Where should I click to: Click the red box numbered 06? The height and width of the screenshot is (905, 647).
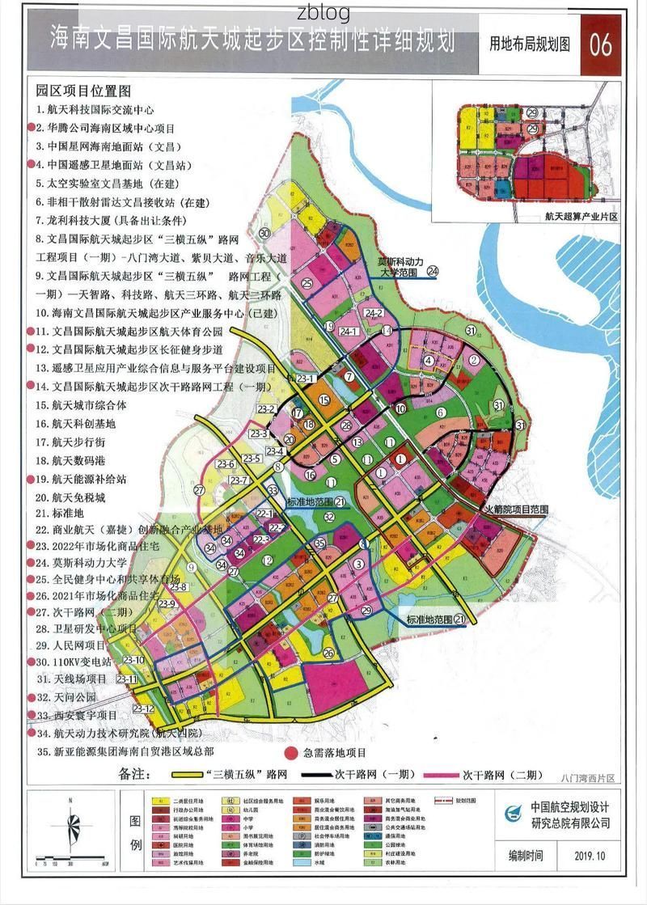[x=600, y=44]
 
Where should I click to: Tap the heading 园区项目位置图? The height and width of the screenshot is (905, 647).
[x=83, y=91]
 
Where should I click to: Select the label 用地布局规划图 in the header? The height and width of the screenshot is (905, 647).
[x=529, y=44]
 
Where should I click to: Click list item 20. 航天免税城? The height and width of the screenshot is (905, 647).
[x=70, y=497]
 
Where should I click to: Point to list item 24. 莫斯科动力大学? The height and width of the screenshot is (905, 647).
[x=81, y=562]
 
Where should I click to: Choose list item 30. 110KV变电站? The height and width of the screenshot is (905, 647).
[x=80, y=662]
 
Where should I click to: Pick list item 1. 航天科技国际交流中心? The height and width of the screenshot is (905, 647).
[x=94, y=109]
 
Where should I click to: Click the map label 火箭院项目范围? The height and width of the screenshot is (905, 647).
[x=516, y=510]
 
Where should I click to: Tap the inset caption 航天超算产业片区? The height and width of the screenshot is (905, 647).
[x=581, y=216]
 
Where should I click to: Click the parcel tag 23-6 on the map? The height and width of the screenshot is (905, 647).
[x=225, y=463]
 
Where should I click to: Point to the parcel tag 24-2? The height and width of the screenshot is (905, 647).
[x=374, y=313]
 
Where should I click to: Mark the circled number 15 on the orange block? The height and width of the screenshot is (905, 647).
[x=323, y=400]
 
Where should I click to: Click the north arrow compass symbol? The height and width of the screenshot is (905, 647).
[x=73, y=825]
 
